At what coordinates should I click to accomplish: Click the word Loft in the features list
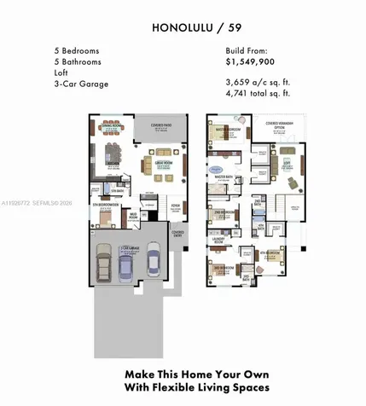pos(59,72)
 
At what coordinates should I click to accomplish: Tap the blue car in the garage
pos(125,270)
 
